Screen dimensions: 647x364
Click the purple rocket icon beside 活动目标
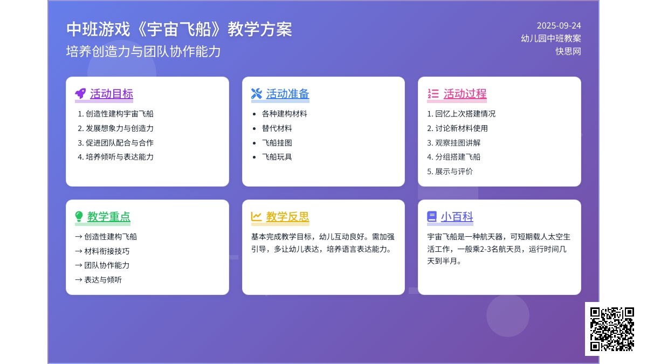[x=80, y=94]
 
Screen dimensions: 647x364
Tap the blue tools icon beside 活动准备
[x=257, y=94]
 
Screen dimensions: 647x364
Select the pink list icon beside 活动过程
[x=433, y=94]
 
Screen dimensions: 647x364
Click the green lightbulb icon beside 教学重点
[x=79, y=216]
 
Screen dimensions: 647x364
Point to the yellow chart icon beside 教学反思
[x=256, y=216]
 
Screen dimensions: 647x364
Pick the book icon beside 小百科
[x=432, y=216]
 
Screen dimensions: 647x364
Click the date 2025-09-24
[x=559, y=26]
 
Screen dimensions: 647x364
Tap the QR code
[x=612, y=329]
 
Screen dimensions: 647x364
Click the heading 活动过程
[x=465, y=94]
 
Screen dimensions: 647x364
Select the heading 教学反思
[x=288, y=217]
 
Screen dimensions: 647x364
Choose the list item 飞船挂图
[x=277, y=143]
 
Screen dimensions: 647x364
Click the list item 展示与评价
[x=454, y=171]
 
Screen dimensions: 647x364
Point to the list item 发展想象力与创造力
[x=120, y=128]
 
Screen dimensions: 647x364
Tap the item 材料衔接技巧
[x=107, y=251]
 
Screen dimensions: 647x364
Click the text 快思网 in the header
[x=568, y=51]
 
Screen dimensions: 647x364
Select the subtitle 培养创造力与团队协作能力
[x=143, y=51]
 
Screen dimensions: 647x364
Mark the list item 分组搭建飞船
[x=458, y=157]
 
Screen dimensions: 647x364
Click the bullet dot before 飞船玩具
[x=254, y=157]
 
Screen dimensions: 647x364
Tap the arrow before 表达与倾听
[x=79, y=280]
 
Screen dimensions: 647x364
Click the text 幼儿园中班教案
[x=551, y=38]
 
